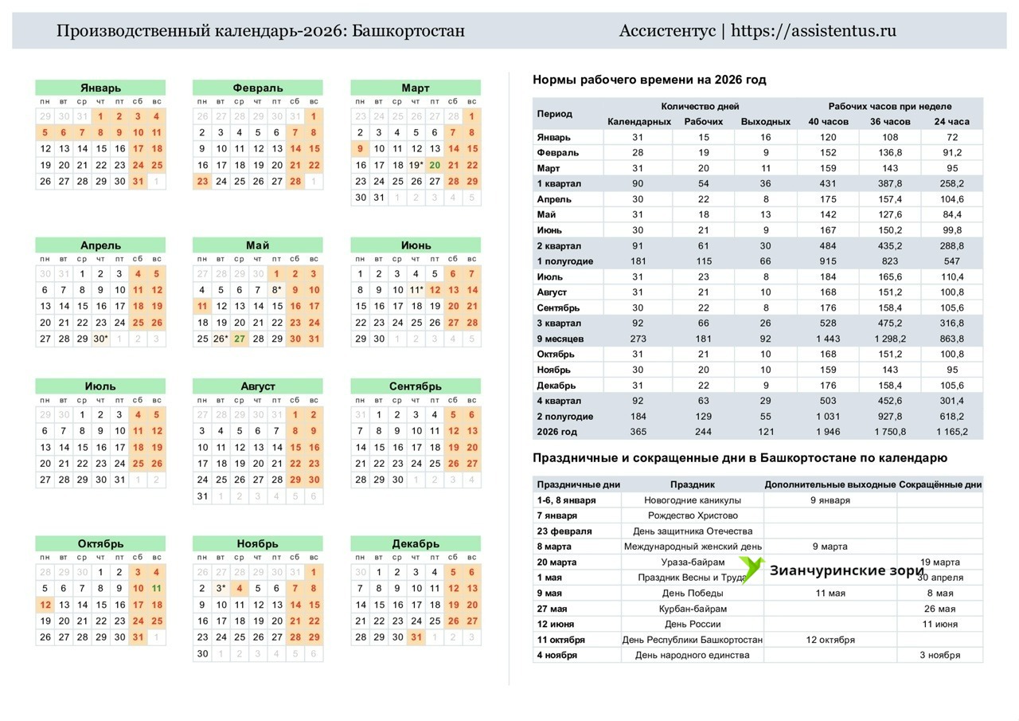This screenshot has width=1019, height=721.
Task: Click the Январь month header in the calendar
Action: pyautogui.click(x=100, y=88)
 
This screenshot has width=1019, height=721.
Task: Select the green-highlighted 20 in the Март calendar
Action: pyautogui.click(x=434, y=166)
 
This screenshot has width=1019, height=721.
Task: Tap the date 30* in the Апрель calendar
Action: pyautogui.click(x=100, y=339)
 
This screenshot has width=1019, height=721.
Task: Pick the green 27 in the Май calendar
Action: pyautogui.click(x=240, y=339)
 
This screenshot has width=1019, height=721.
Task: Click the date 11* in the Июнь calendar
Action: pyautogui.click(x=416, y=290)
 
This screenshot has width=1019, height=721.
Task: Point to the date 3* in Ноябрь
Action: pyautogui.click(x=221, y=589)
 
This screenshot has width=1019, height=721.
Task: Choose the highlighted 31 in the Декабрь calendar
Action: pyautogui.click(x=416, y=637)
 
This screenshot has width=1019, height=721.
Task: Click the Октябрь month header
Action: pyautogui.click(x=100, y=544)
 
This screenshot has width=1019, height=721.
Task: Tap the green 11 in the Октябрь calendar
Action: pyautogui.click(x=157, y=589)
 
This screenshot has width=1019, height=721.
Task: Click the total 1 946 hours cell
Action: pyautogui.click(x=828, y=432)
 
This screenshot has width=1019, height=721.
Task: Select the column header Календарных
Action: pyautogui.click(x=638, y=122)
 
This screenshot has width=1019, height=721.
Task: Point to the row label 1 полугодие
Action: pyautogui.click(x=564, y=261)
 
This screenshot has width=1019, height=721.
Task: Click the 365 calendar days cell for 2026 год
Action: pyautogui.click(x=638, y=432)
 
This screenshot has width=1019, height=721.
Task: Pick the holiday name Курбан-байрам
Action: pyautogui.click(x=692, y=609)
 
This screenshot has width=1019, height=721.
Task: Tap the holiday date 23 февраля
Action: pyautogui.click(x=564, y=531)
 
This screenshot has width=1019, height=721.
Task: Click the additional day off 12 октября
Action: pyautogui.click(x=830, y=640)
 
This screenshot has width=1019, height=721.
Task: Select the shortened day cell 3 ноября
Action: pyautogui.click(x=939, y=655)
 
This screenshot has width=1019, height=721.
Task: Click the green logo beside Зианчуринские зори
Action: pyautogui.click(x=752, y=570)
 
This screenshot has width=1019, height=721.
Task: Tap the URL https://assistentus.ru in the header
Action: pyautogui.click(x=813, y=31)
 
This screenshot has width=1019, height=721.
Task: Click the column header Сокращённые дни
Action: pyautogui.click(x=939, y=484)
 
